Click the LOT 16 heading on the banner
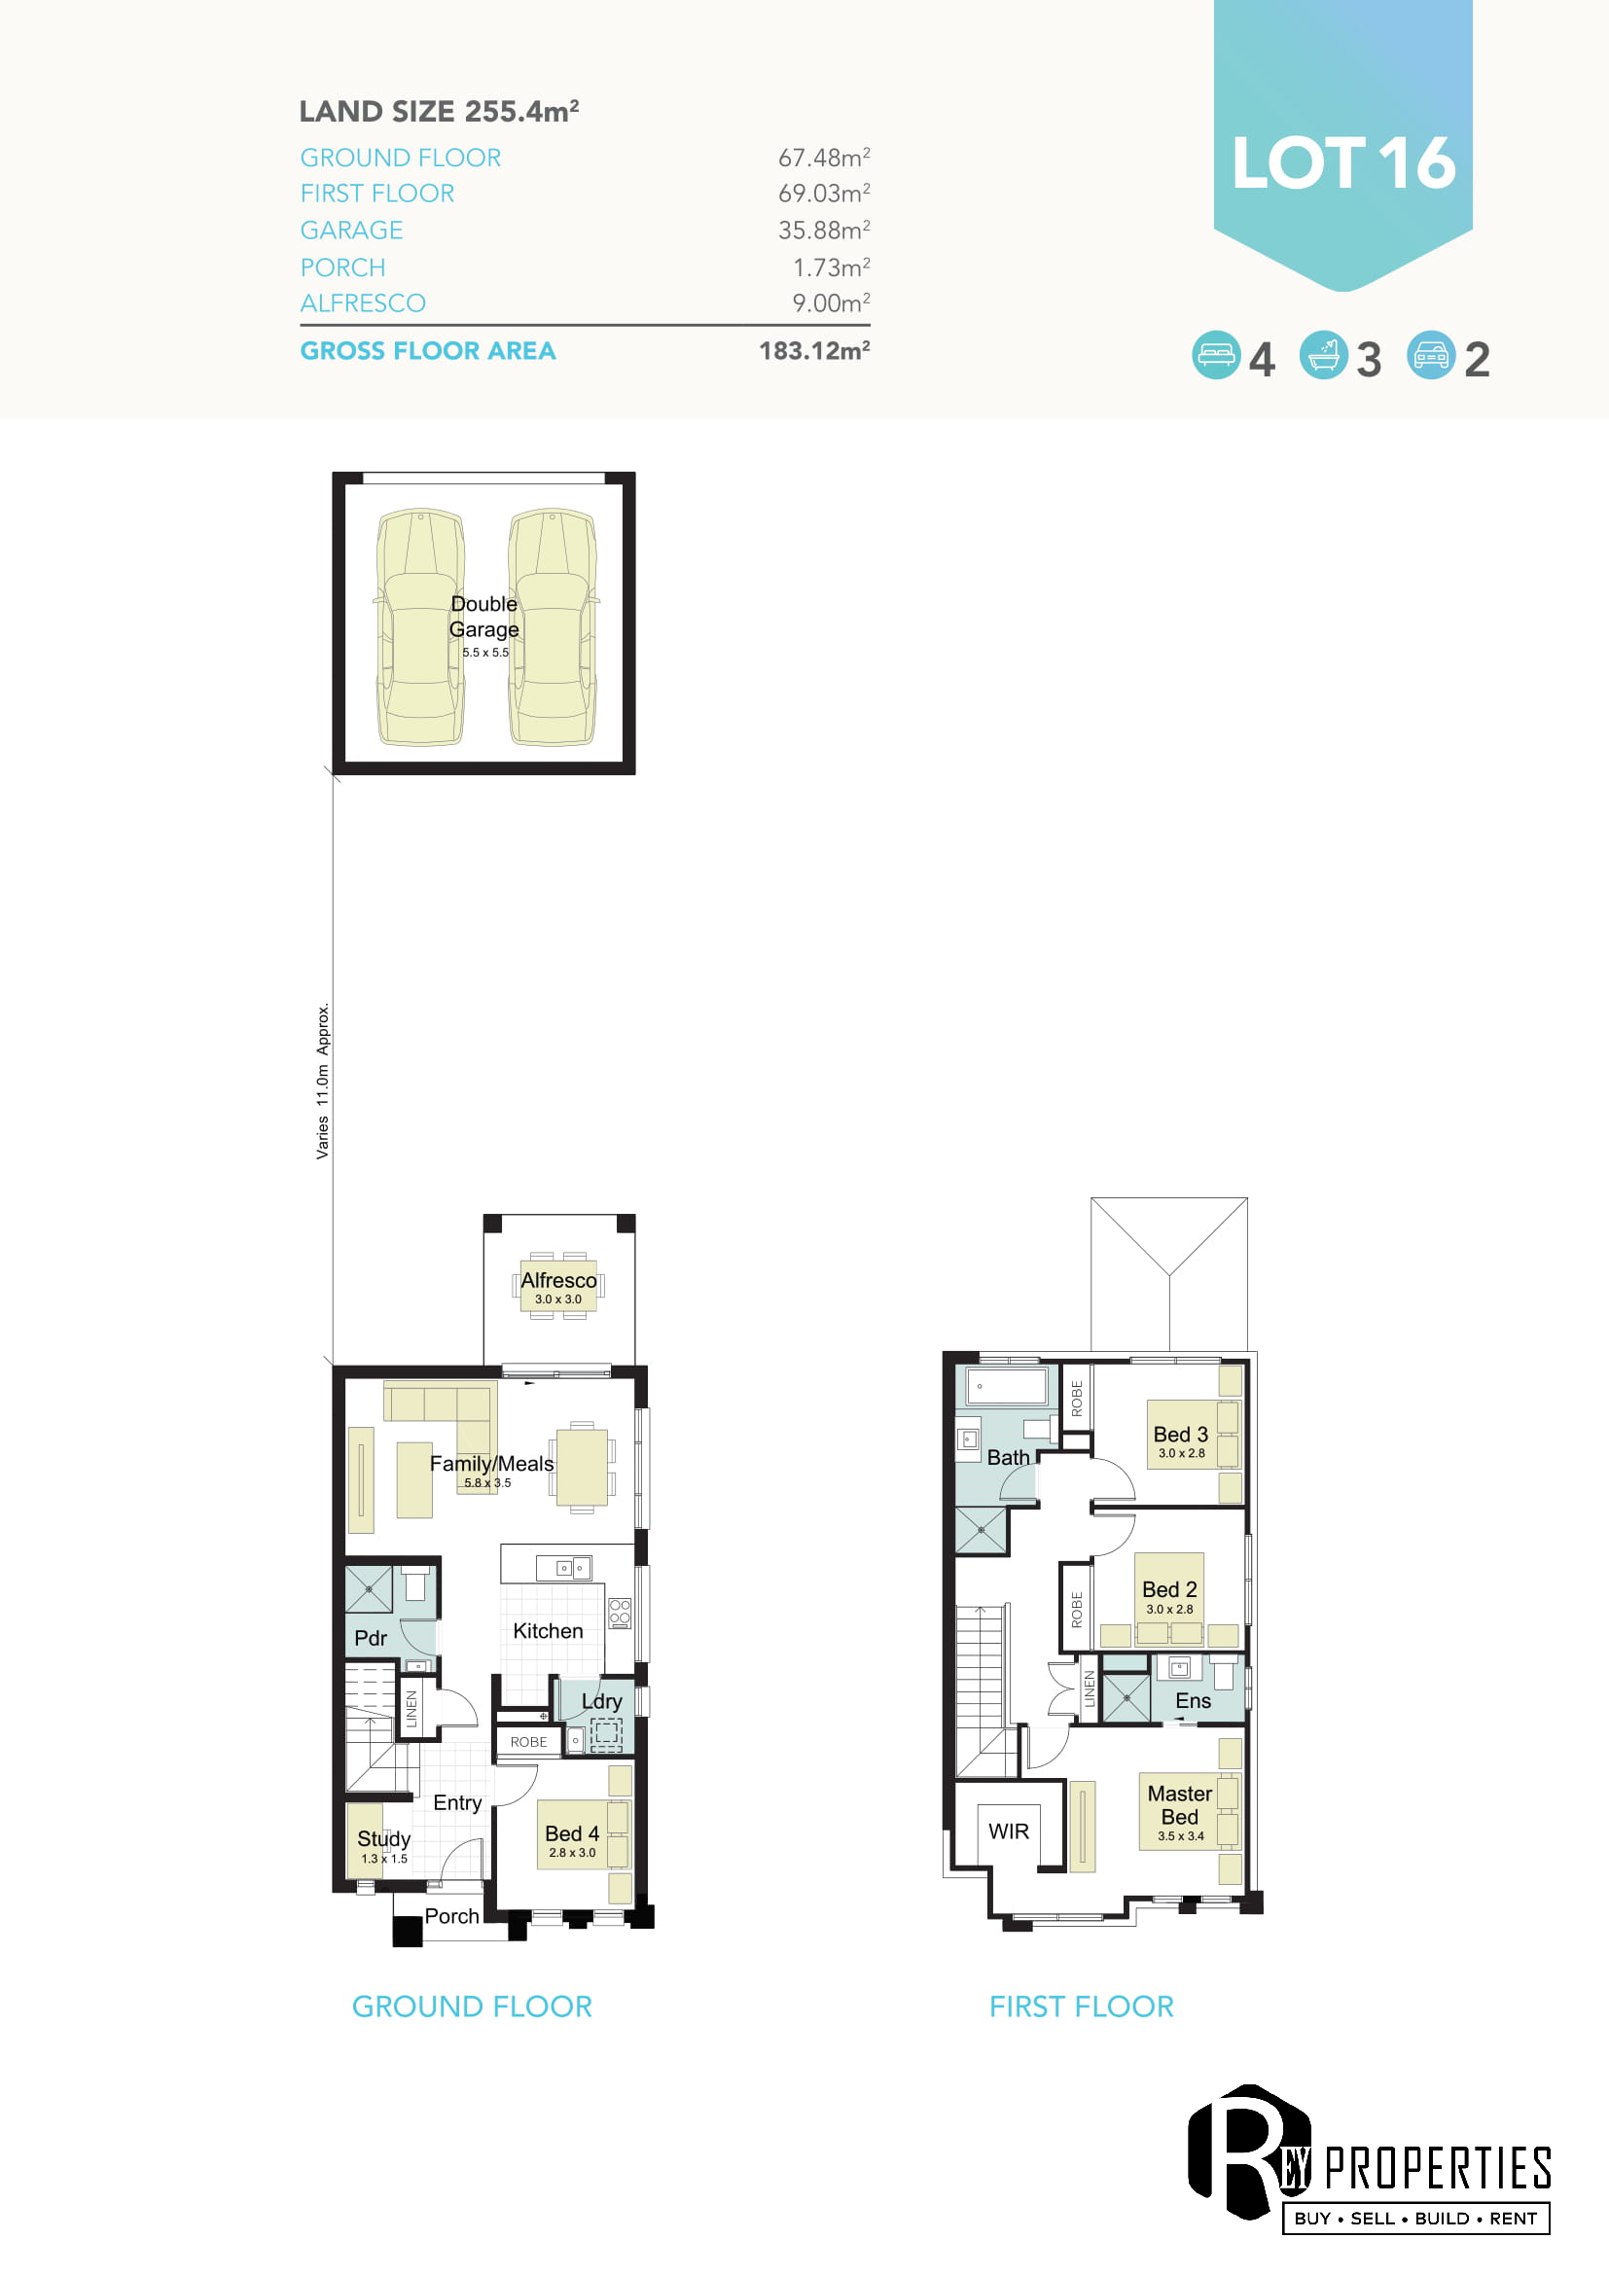(1343, 163)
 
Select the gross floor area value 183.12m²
(814, 351)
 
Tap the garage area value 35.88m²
(824, 230)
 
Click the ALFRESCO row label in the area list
(363, 303)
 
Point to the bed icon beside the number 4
(1216, 355)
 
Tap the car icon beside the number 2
(1431, 355)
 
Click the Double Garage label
(483, 617)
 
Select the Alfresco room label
(558, 1280)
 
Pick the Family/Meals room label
(491, 1464)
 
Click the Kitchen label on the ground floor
(548, 1631)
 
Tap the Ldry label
(601, 1701)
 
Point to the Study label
(383, 1839)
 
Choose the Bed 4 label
(572, 1834)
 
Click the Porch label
(451, 1916)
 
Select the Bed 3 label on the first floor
(1180, 1435)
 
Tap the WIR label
(1009, 1831)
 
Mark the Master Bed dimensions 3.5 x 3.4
(1181, 1836)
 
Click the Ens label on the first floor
(1193, 1700)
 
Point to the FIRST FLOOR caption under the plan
(1081, 2007)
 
